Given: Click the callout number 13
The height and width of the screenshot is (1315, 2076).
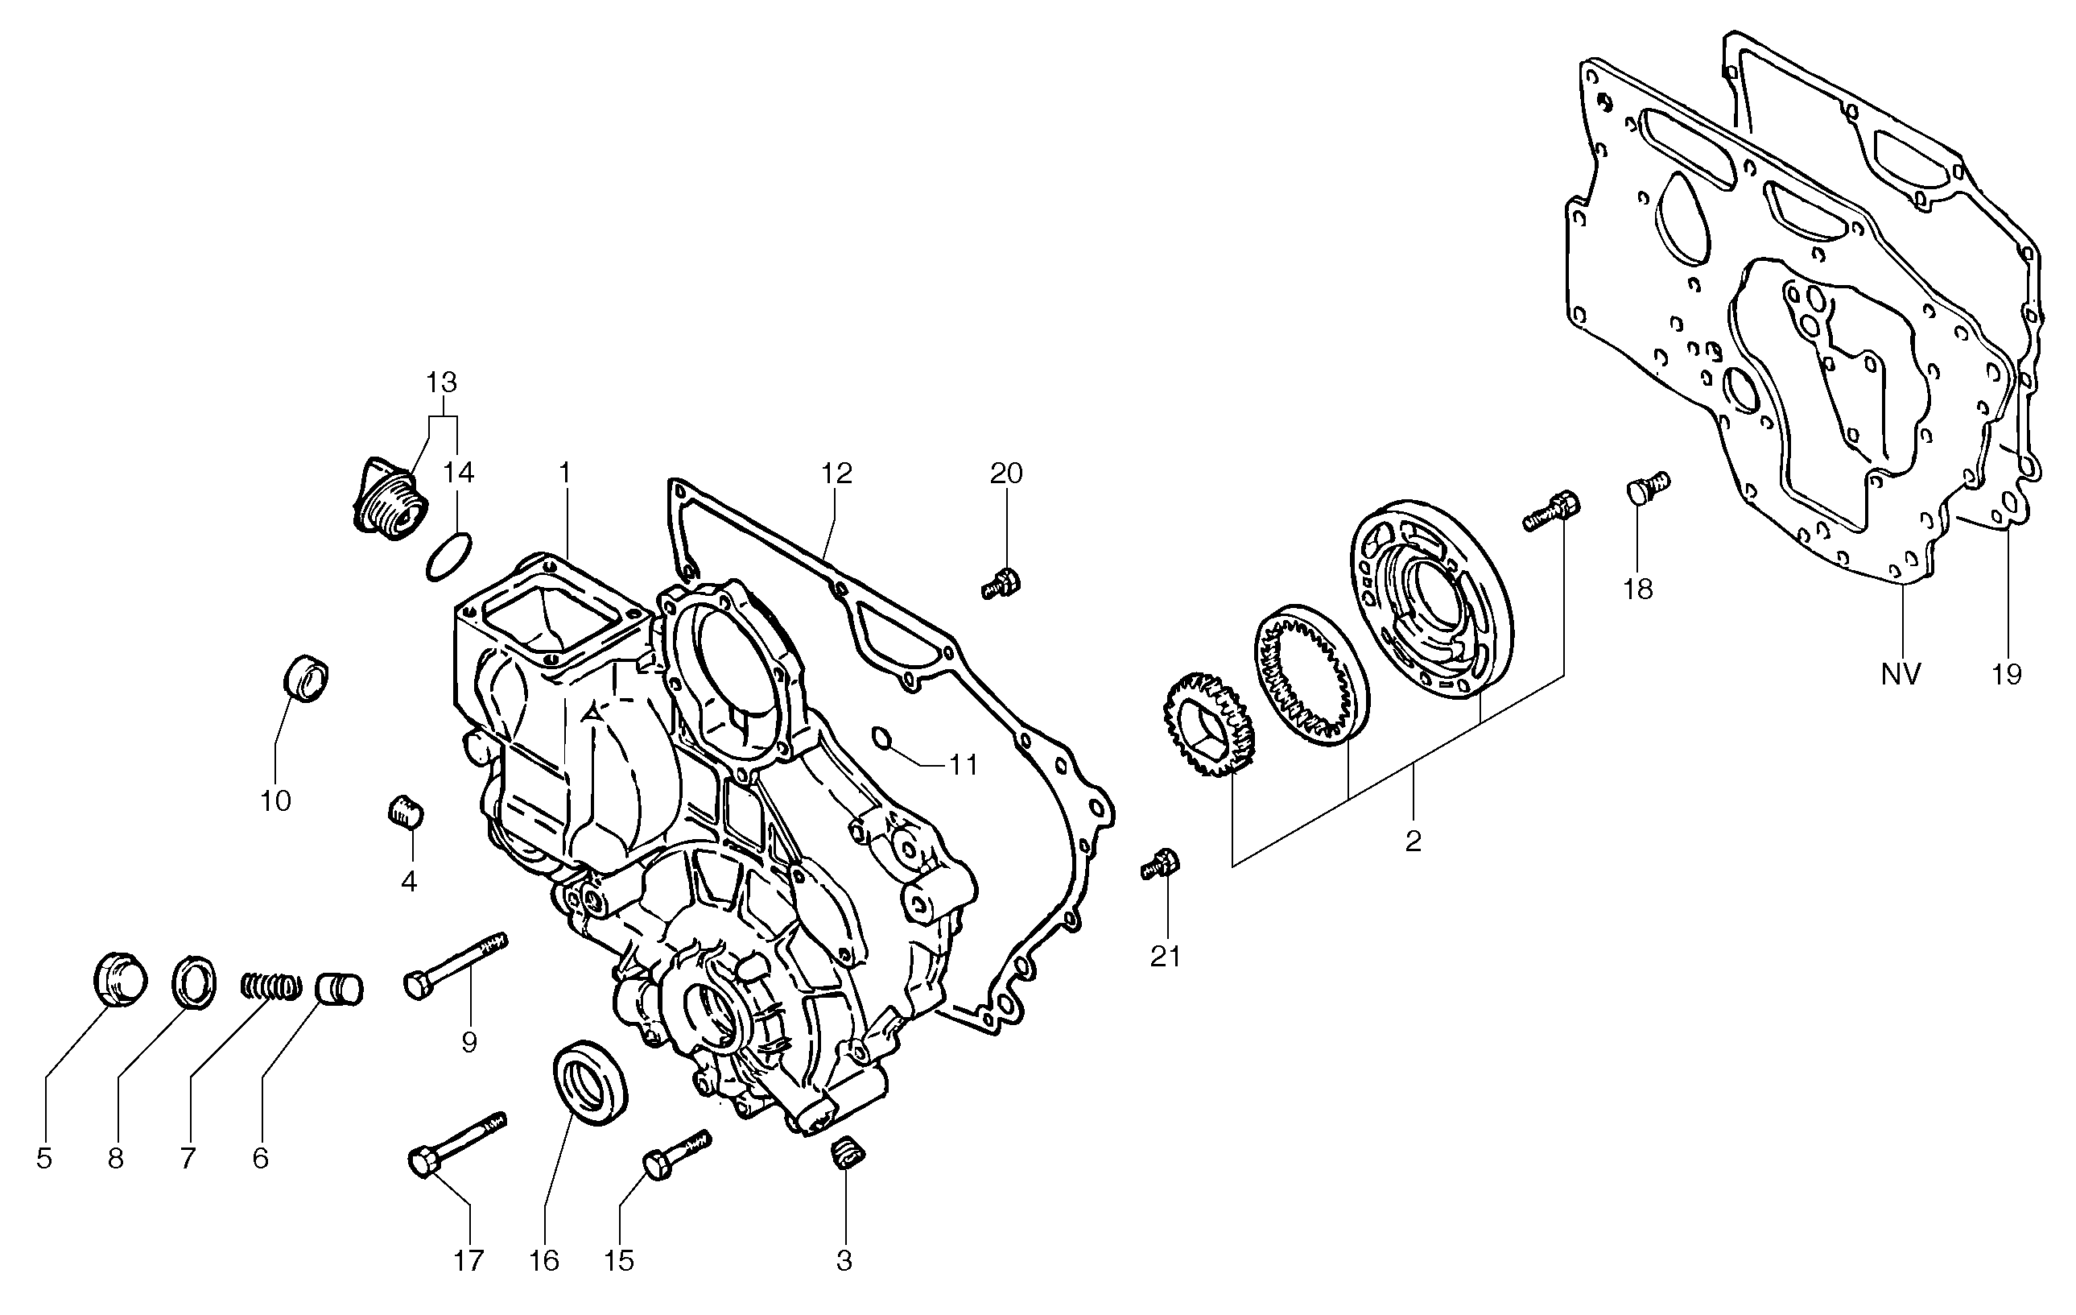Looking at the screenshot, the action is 442,382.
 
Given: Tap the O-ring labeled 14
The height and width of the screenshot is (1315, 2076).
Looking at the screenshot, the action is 448,557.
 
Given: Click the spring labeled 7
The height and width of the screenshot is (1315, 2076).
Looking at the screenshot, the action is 270,985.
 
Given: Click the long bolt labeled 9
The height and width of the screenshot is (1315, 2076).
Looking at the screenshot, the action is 455,966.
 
